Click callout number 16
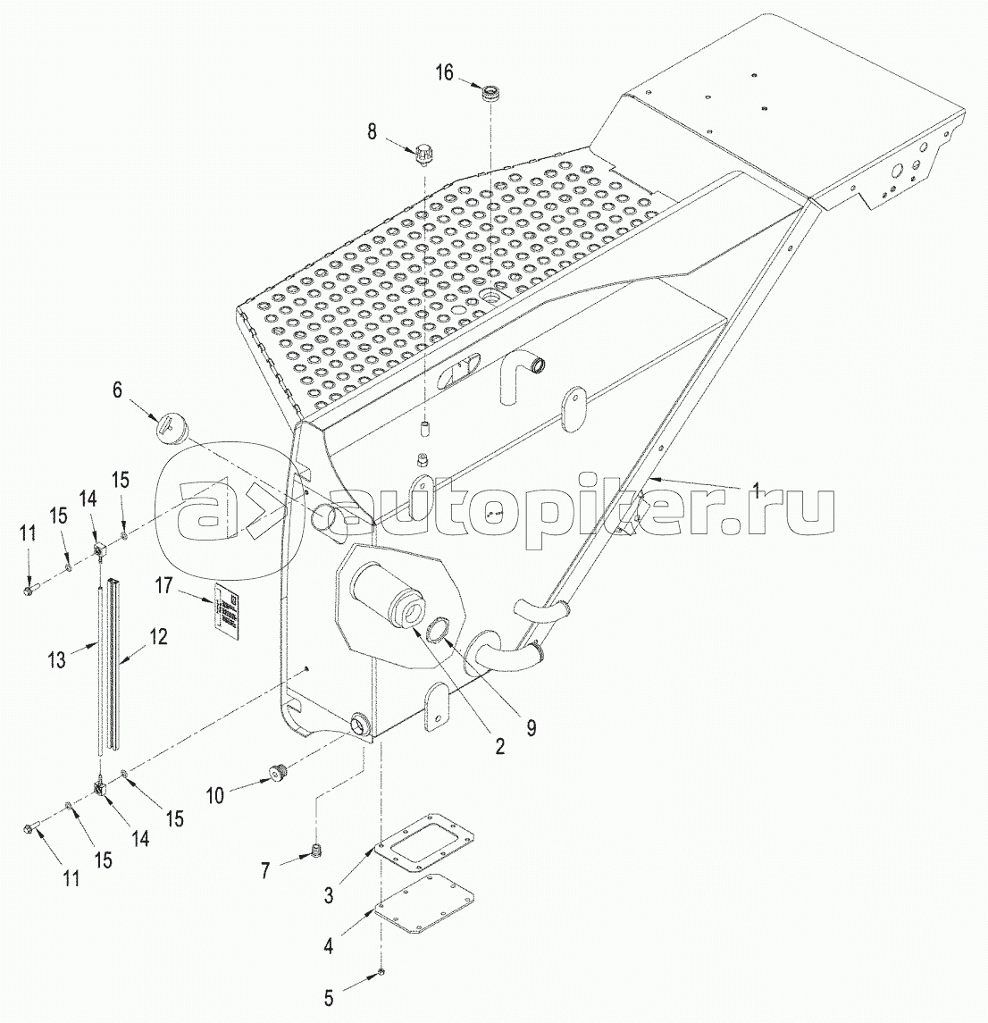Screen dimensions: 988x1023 coord(444,72)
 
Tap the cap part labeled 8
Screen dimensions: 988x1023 coord(424,155)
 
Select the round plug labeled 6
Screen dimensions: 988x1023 coord(172,424)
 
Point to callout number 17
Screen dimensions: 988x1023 coord(163,586)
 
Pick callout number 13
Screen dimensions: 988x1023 coord(57,659)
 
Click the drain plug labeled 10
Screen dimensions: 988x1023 coord(278,773)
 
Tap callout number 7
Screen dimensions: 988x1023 coord(264,870)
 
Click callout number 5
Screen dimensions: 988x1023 coord(329,997)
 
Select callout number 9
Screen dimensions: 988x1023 coord(531,728)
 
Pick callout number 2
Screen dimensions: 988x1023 coord(498,746)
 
